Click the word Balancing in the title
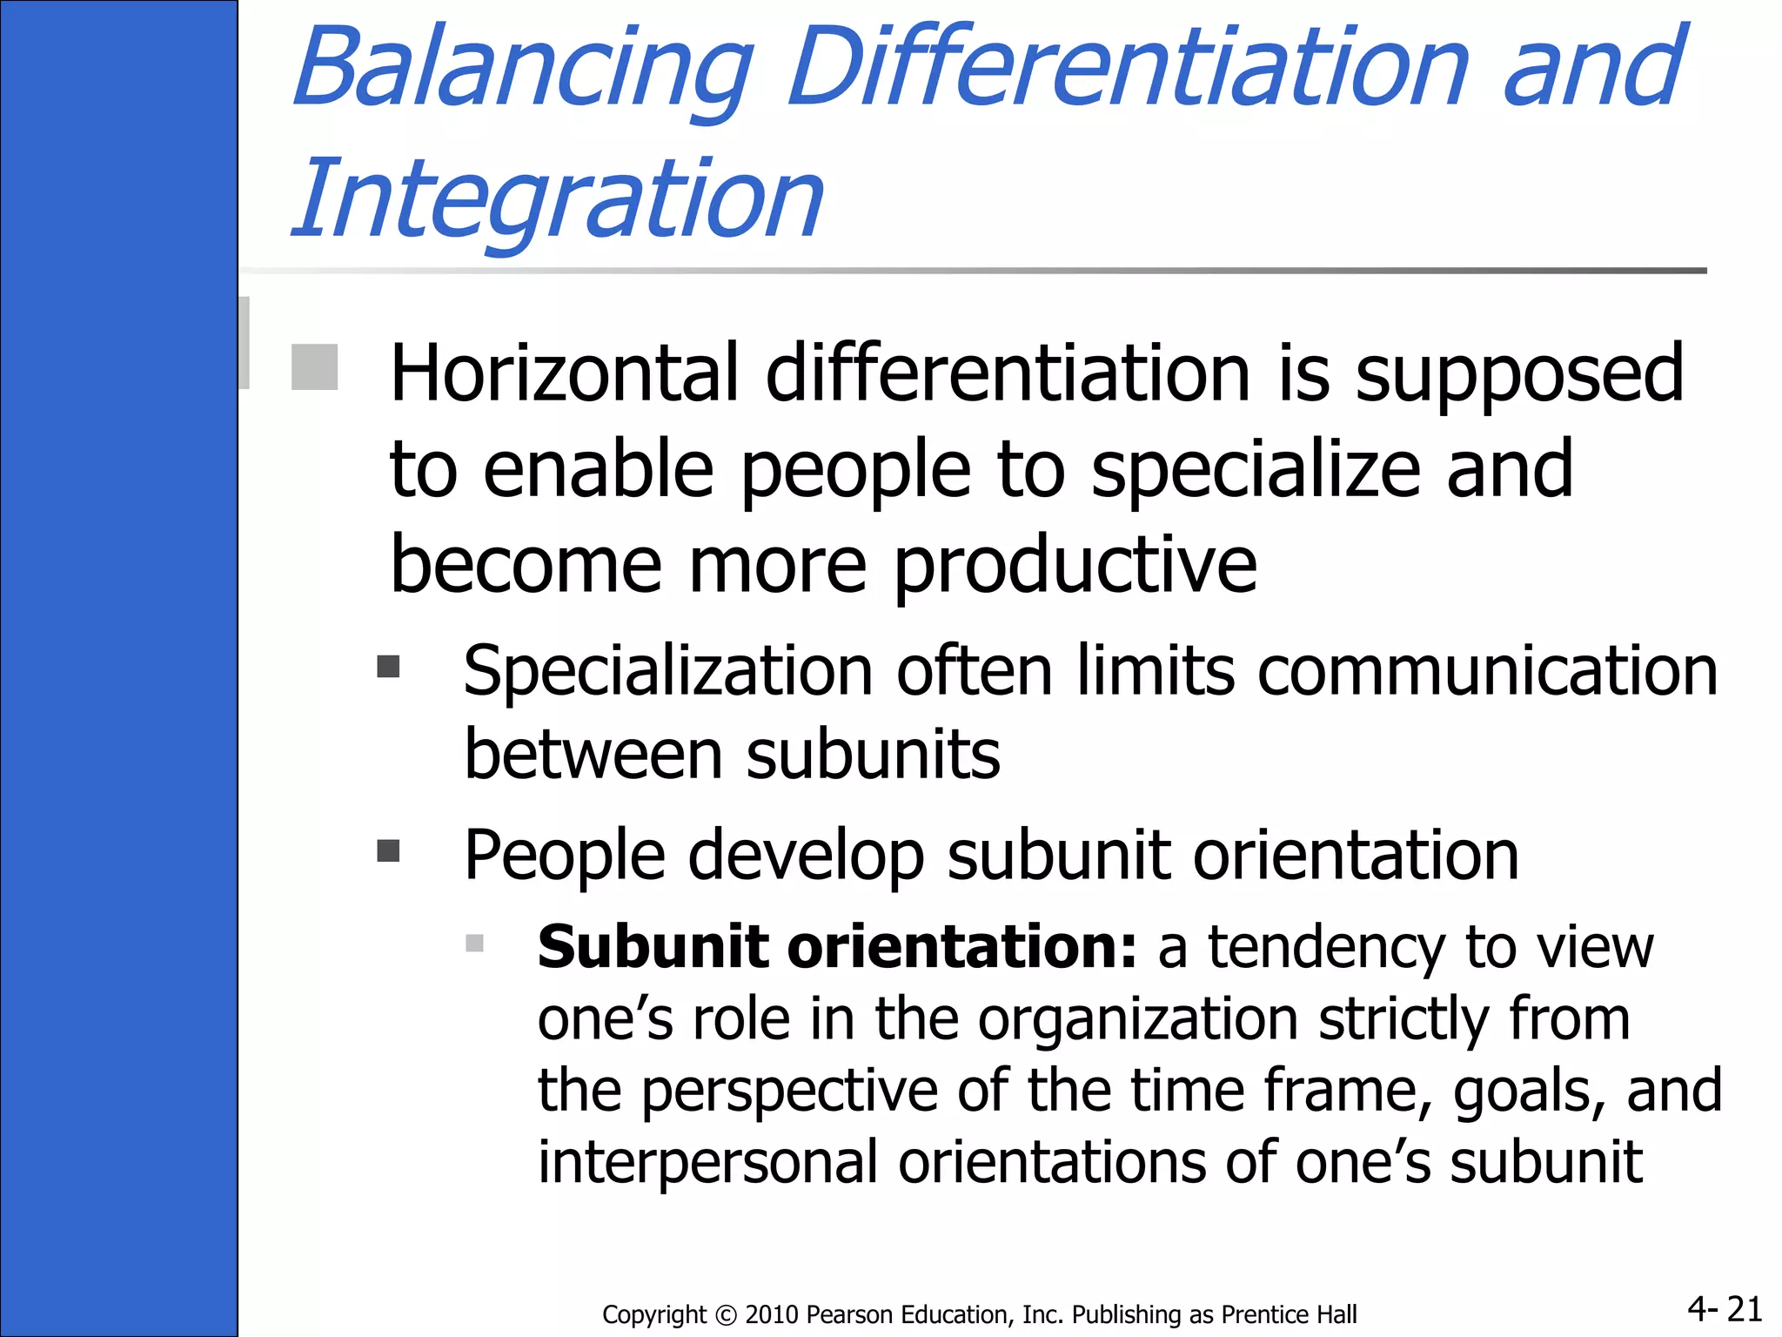(522, 70)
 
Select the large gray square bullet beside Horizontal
(314, 367)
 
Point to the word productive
(1075, 566)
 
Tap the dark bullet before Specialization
(388, 667)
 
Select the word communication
(1487, 671)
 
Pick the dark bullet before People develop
(388, 850)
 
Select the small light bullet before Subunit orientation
(474, 944)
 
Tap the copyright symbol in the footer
(725, 1314)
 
